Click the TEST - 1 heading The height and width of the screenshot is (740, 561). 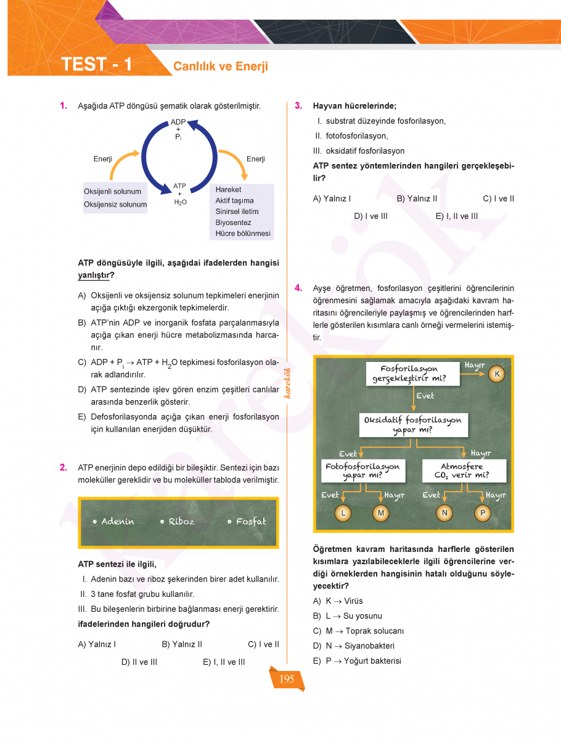[x=97, y=65]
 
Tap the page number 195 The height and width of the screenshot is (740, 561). [x=287, y=680]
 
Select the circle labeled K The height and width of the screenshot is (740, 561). [x=498, y=374]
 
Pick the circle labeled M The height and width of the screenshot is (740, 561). [x=380, y=512]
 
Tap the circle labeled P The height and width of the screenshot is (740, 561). [x=482, y=512]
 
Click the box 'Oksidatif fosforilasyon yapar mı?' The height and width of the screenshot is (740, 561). [x=413, y=425]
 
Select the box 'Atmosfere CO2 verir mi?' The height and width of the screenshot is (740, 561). [x=465, y=471]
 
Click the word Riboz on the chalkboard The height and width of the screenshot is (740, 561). [x=181, y=522]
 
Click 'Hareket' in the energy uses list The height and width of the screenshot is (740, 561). [x=228, y=190]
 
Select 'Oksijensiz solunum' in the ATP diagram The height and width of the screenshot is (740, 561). [x=115, y=205]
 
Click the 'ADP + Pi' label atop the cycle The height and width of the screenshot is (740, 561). [x=178, y=130]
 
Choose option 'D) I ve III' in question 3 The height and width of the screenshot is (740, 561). [x=371, y=216]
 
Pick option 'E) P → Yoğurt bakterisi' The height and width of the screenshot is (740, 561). [x=357, y=661]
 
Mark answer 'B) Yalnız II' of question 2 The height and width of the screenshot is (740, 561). [x=182, y=644]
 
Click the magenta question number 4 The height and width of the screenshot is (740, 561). [x=298, y=288]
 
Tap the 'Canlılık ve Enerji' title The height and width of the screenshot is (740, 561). [x=221, y=67]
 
